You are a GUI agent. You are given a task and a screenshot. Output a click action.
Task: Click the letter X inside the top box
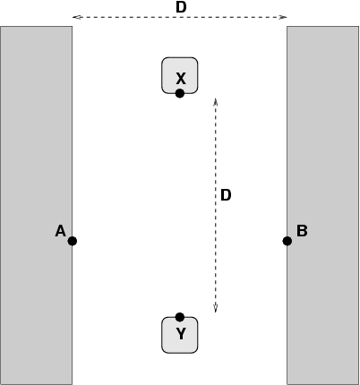[181, 79]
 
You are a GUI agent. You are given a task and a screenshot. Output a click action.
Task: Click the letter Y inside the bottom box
[181, 334]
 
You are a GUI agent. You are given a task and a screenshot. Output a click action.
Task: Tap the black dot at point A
[73, 241]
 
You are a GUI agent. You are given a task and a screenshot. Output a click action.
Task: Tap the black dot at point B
[287, 241]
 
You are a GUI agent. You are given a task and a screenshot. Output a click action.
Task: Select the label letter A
[61, 231]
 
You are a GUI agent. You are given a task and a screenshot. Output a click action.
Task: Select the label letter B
[302, 231]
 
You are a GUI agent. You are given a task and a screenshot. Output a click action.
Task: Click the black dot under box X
[180, 93]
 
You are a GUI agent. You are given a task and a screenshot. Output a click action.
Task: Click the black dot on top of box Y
[180, 317]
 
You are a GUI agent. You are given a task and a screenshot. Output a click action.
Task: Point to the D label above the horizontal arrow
[181, 7]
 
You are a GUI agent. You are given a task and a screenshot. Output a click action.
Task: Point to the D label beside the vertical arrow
[226, 195]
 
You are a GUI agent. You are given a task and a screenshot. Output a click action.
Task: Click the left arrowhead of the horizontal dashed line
[75, 17]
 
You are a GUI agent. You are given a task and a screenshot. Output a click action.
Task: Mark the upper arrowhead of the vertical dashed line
[216, 100]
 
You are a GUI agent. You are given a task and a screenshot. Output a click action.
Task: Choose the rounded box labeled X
[180, 75]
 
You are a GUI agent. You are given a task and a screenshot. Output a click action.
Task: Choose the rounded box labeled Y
[180, 335]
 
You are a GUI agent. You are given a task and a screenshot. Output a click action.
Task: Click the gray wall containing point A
[36, 205]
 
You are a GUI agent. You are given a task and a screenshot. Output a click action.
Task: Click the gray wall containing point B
[323, 205]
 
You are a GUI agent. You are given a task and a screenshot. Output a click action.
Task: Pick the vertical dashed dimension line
[216, 205]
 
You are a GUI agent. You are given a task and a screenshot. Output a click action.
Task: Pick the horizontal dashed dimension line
[180, 17]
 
